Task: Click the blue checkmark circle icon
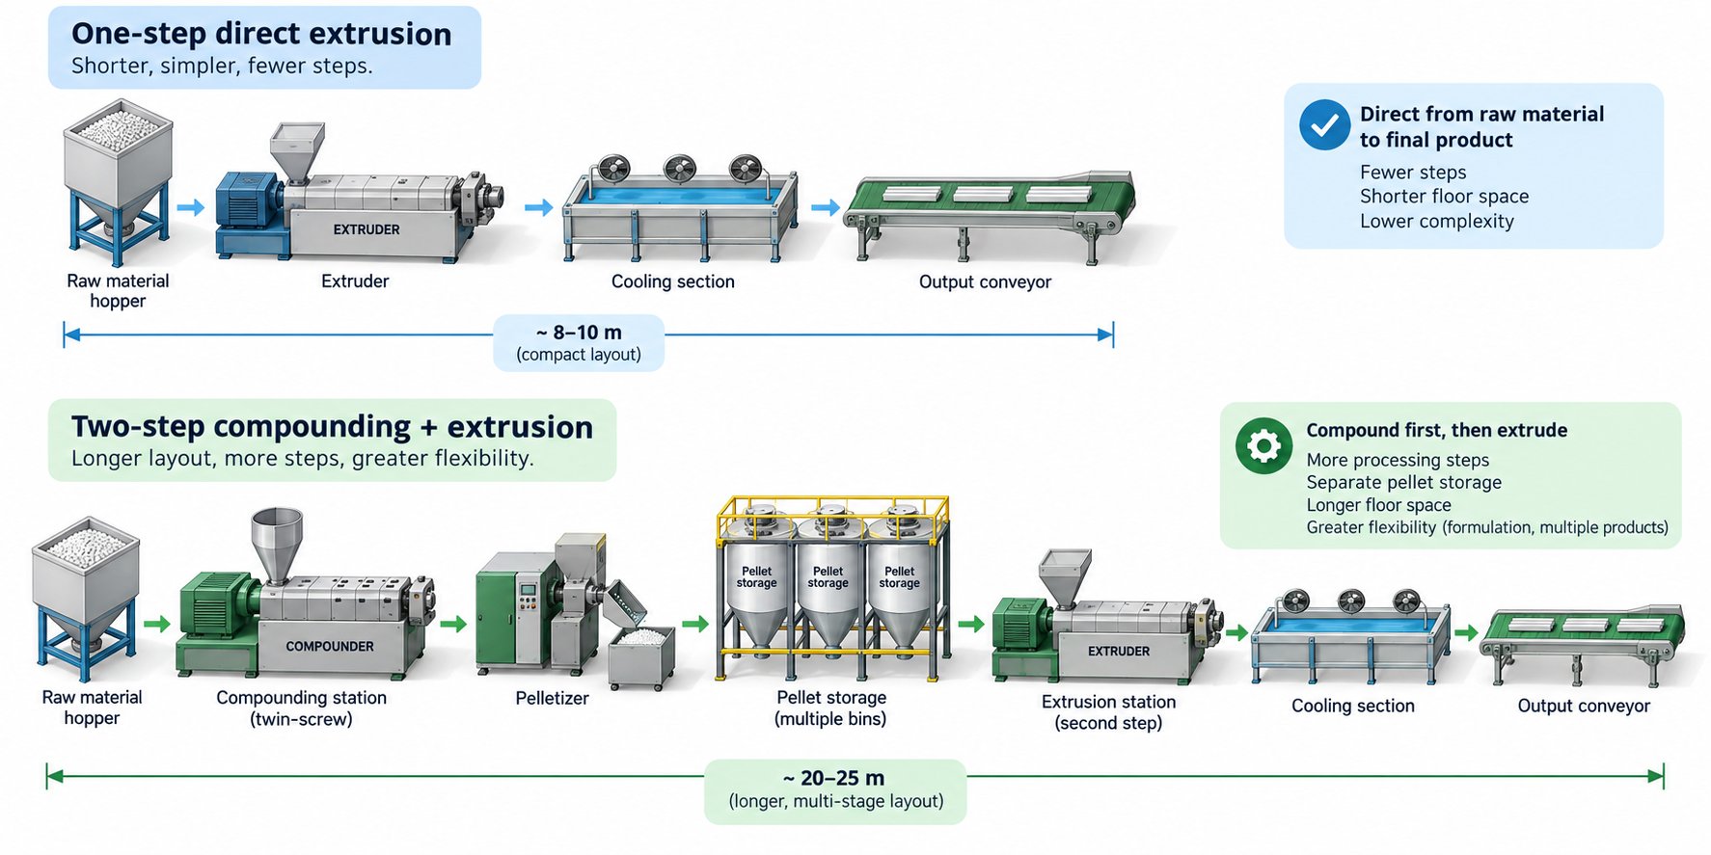click(1324, 125)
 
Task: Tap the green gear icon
click(1263, 445)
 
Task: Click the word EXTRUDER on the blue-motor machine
click(367, 229)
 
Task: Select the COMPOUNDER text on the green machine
click(330, 646)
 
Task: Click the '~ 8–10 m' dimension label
click(579, 333)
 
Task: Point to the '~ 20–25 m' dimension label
click(834, 778)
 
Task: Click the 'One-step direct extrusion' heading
click(261, 34)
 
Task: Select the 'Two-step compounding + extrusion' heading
click(332, 426)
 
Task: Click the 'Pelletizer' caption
click(552, 698)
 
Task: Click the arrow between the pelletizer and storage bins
click(695, 625)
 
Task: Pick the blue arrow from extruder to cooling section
click(538, 207)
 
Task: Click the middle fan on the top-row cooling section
click(679, 168)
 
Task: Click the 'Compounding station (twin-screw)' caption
click(302, 708)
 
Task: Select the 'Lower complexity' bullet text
click(1437, 221)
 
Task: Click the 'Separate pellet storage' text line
click(1404, 482)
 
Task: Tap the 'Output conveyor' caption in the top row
click(985, 281)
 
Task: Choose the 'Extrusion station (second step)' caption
click(1109, 712)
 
